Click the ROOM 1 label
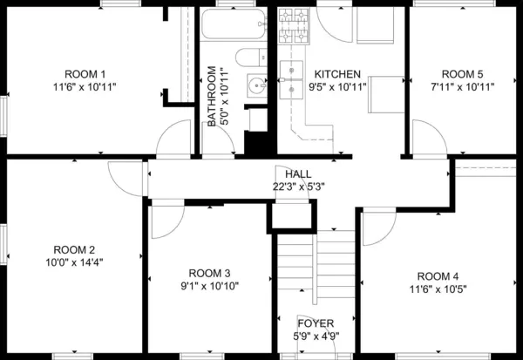point(85,74)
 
